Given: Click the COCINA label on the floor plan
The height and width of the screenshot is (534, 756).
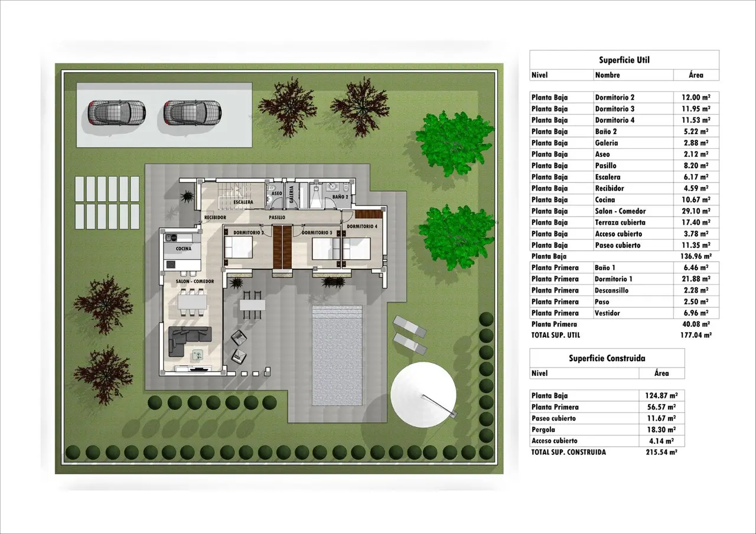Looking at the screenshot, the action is tap(184, 249).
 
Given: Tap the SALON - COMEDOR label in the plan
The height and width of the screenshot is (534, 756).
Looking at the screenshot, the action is tap(195, 281).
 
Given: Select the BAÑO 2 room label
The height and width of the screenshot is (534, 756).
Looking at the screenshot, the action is tap(340, 197).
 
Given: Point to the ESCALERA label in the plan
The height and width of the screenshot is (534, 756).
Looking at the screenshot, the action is tap(243, 202).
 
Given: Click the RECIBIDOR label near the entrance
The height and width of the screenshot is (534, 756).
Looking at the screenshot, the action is tap(215, 218).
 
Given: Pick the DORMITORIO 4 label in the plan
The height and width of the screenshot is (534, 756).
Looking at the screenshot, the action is tap(362, 227).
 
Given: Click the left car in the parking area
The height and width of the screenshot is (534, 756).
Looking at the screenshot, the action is tap(116, 113).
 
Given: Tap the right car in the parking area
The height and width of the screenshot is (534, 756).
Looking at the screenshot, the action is tap(193, 113).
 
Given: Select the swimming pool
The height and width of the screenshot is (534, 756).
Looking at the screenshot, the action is tap(337, 356).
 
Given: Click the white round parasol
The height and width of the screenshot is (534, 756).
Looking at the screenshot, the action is tap(423, 394).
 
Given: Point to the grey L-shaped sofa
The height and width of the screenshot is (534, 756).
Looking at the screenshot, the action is tap(190, 341).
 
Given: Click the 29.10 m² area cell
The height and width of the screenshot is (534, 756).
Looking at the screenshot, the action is tap(696, 211).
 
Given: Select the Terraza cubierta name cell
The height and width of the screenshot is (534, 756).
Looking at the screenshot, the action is tap(620, 222).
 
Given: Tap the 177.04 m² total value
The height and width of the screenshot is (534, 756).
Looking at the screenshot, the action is tap(696, 335).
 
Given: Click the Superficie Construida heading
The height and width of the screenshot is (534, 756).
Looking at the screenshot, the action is tap(607, 358).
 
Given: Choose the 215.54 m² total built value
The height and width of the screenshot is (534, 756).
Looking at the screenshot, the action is tap(661, 453).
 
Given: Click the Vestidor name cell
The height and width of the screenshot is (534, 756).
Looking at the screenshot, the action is tap(608, 313).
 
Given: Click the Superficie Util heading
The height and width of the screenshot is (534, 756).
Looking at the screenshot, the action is tap(624, 60).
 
